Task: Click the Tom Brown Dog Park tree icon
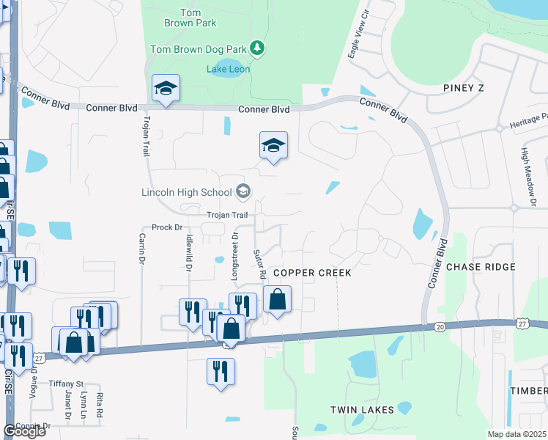pyautogui.click(x=257, y=49)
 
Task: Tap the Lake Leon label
pyautogui.click(x=229, y=70)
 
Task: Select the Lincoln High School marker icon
pyautogui.click(x=243, y=193)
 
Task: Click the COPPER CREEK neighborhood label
pyautogui.click(x=312, y=273)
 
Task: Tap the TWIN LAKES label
pyautogui.click(x=362, y=410)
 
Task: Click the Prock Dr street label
pyautogui.click(x=166, y=227)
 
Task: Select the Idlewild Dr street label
pyautogui.click(x=188, y=253)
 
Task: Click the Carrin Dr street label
pyautogui.click(x=141, y=250)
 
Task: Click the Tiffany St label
pyautogui.click(x=67, y=384)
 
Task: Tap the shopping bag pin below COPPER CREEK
pyautogui.click(x=277, y=299)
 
